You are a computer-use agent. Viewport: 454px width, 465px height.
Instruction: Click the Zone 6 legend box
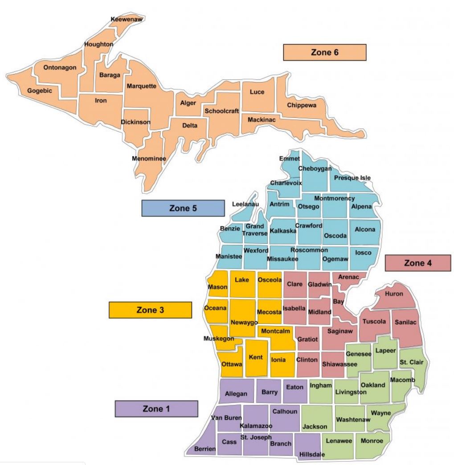[x=324, y=52]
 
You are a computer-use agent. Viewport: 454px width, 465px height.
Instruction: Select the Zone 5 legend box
[x=183, y=208]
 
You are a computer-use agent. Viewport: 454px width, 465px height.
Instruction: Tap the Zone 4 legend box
[x=417, y=263]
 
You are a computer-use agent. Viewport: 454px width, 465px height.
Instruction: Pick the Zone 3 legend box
[x=150, y=310]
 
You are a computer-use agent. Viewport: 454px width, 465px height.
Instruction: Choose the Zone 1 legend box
[x=156, y=408]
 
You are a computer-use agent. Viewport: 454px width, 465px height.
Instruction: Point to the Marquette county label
[x=141, y=86]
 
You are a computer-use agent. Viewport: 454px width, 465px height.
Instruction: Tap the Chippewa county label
[x=302, y=105]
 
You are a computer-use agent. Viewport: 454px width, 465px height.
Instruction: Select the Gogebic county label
[x=40, y=91]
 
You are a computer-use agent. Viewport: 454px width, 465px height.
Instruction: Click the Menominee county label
[x=146, y=158]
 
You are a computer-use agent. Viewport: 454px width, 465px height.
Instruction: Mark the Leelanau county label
[x=245, y=204]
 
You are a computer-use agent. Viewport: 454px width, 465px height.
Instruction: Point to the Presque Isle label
[x=352, y=178]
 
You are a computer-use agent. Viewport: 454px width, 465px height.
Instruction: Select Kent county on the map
[x=256, y=357]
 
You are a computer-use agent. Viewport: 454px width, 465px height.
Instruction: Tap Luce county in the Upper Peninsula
[x=257, y=92]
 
